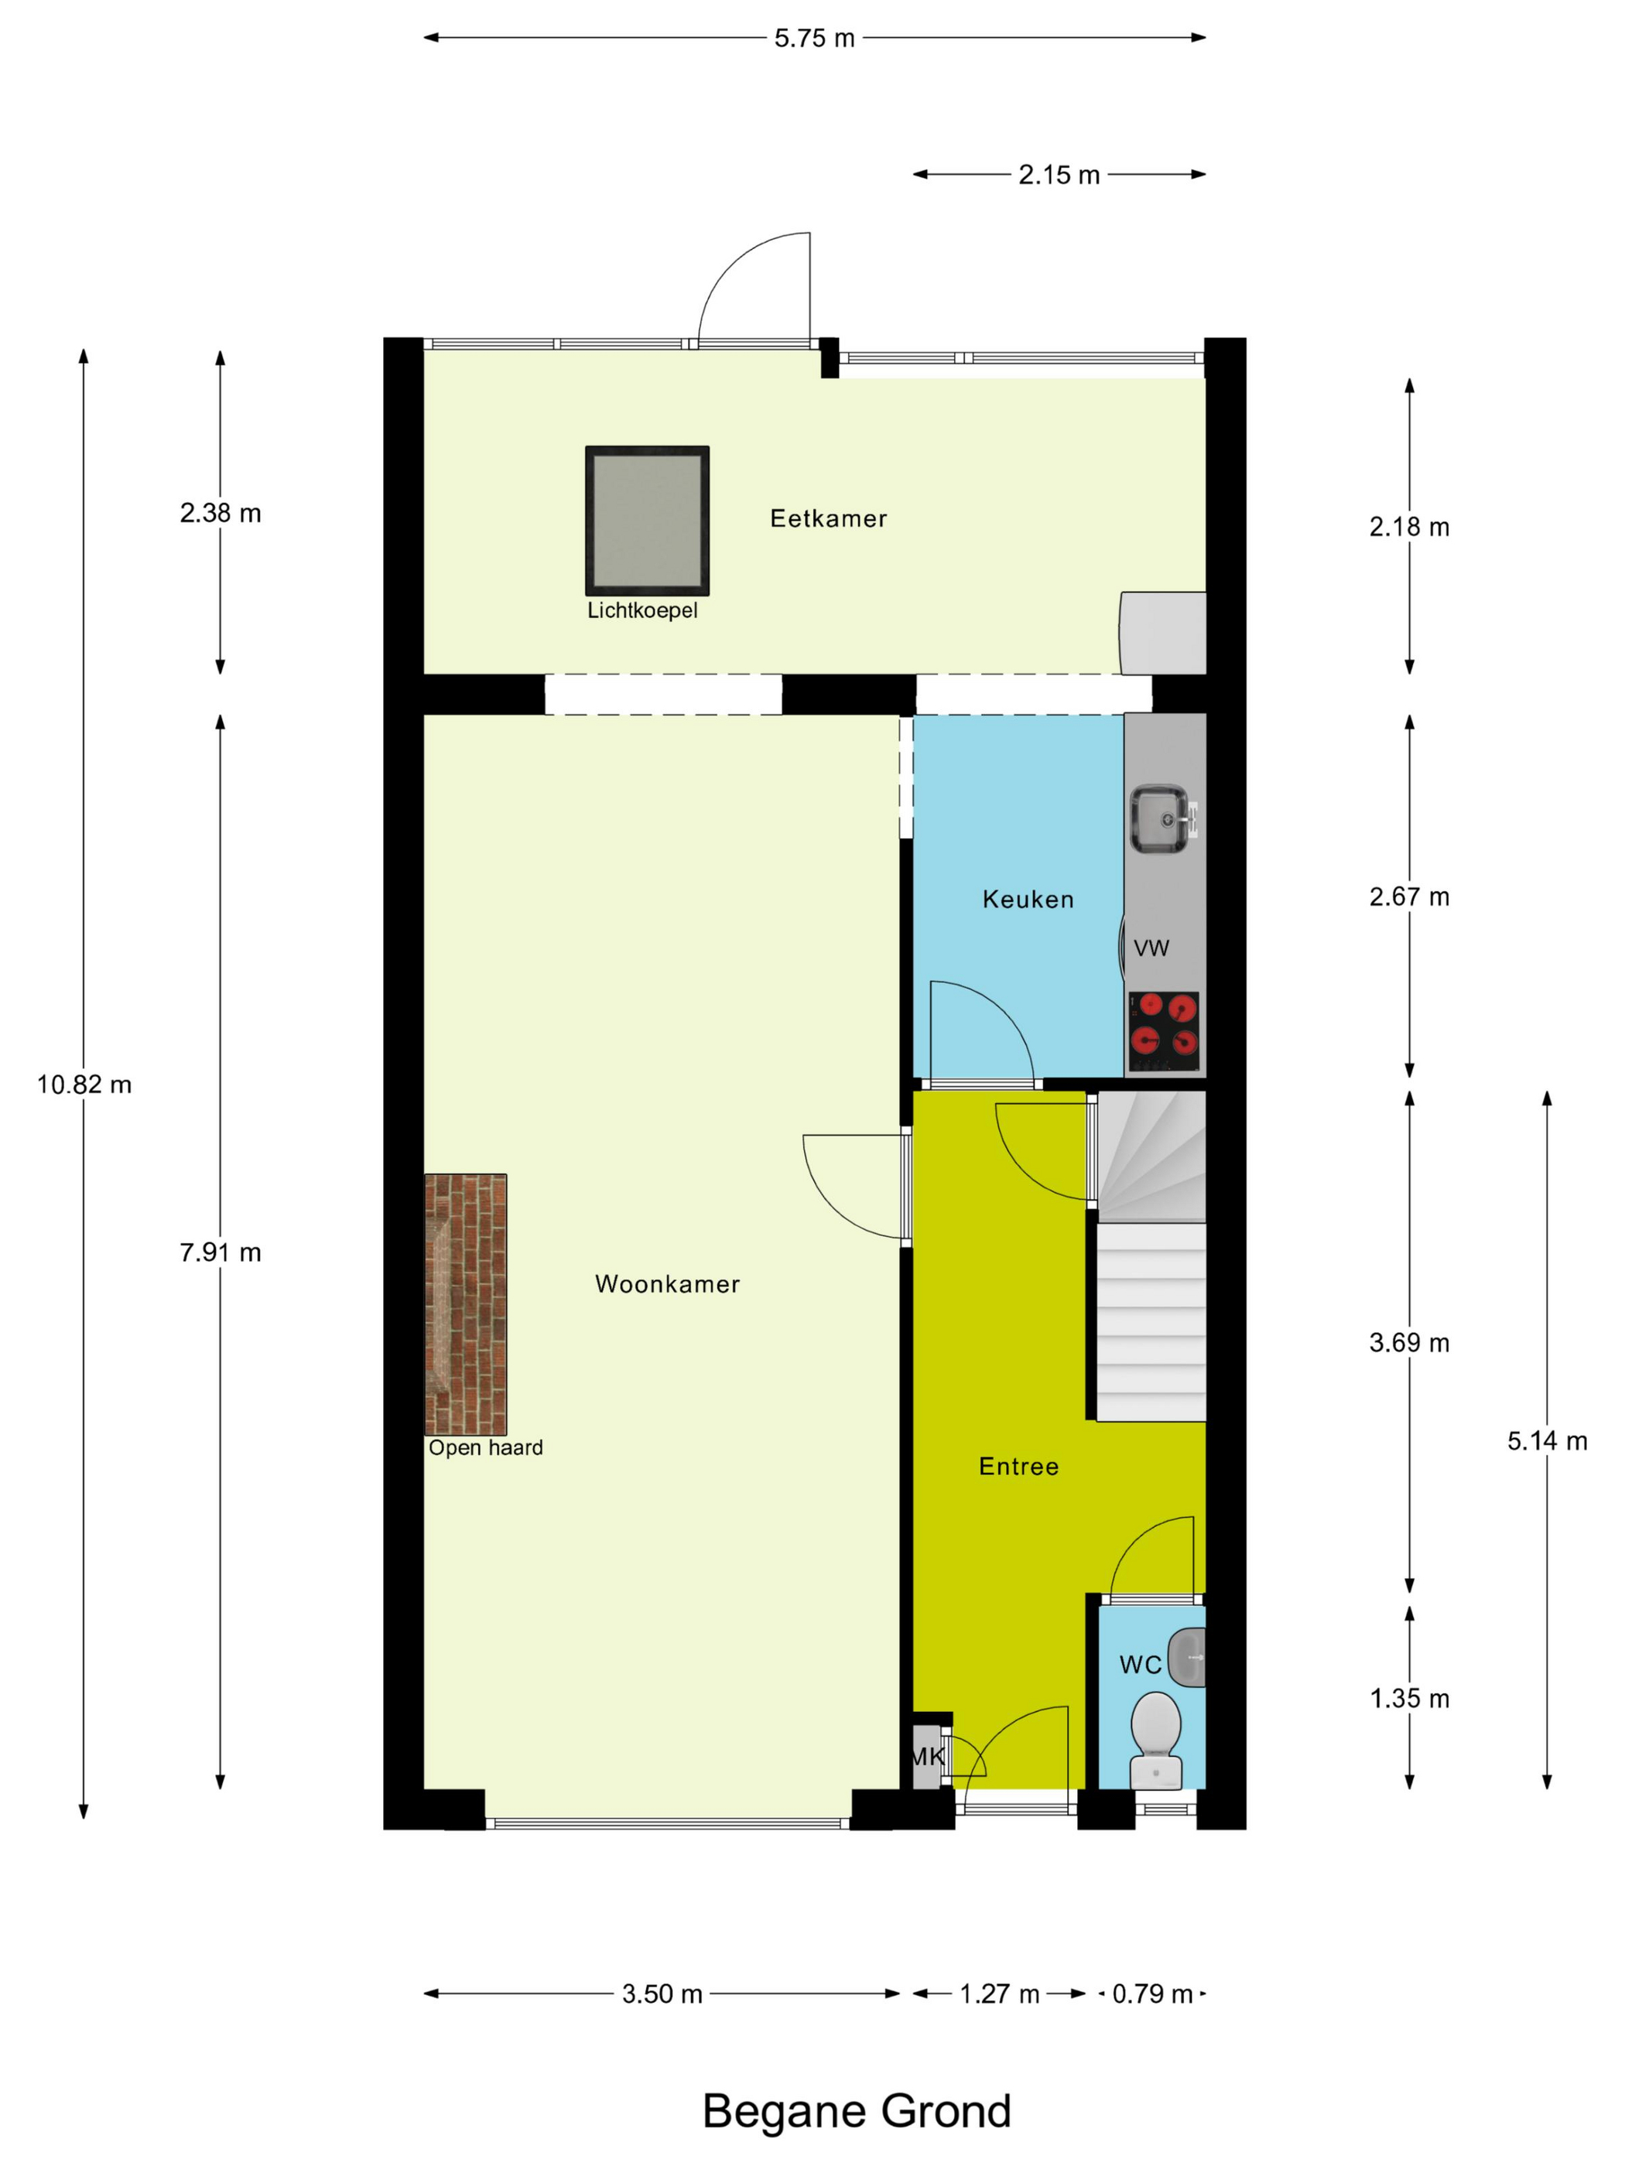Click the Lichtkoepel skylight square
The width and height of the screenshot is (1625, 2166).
pyautogui.click(x=646, y=520)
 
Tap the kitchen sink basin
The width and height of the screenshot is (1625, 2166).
pyautogui.click(x=1161, y=818)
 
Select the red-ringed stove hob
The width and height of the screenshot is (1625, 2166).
pyautogui.click(x=1164, y=1032)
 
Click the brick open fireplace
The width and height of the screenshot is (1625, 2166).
pyautogui.click(x=465, y=1304)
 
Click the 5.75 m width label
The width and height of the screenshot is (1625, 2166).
pyautogui.click(x=814, y=38)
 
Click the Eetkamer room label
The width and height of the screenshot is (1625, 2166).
pyautogui.click(x=829, y=519)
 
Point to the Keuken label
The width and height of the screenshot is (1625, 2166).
pyautogui.click(x=1028, y=900)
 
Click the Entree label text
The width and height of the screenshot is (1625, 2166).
pyautogui.click(x=1018, y=1467)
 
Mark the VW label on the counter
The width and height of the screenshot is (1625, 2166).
pyautogui.click(x=1151, y=948)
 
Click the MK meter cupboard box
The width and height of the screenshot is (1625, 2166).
pyautogui.click(x=926, y=1757)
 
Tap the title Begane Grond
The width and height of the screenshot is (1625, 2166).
pyautogui.click(x=856, y=2112)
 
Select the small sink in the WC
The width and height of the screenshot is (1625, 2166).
pyautogui.click(x=1186, y=1657)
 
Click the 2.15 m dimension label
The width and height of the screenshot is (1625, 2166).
pyautogui.click(x=1059, y=176)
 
